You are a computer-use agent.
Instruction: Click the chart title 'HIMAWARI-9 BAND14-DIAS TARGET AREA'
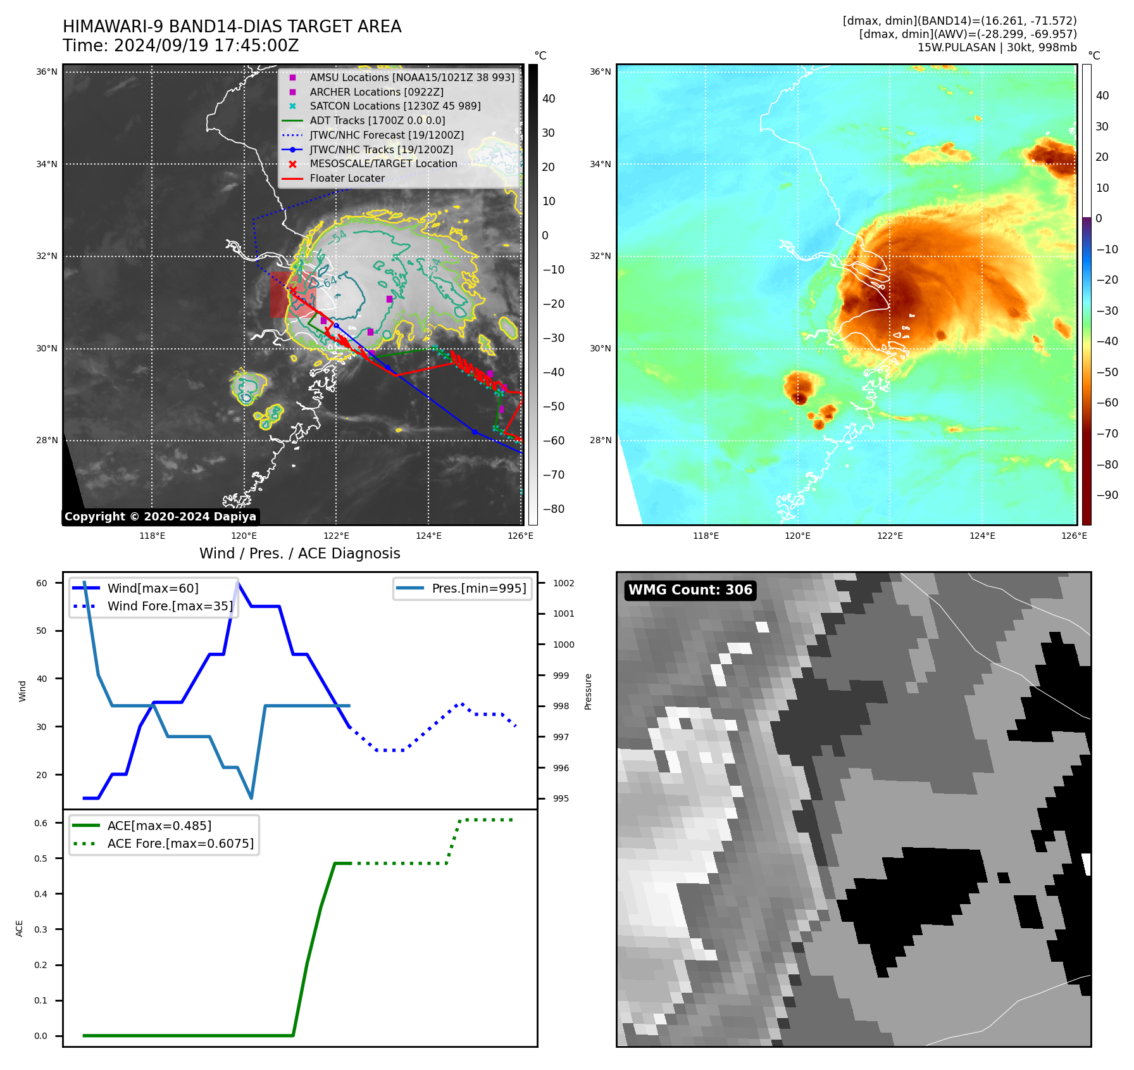[x=232, y=27]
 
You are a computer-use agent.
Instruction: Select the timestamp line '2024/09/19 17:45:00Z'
[x=206, y=46]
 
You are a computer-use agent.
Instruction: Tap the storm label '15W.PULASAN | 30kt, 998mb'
[x=997, y=47]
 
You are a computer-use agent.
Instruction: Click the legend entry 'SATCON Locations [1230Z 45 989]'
[x=395, y=106]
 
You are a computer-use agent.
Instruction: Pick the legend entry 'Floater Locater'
[x=347, y=178]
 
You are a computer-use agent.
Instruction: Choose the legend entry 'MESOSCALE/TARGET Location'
[x=383, y=163]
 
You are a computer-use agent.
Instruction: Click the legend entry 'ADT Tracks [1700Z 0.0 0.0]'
[x=377, y=120]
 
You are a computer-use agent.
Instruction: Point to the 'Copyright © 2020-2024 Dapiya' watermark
[x=160, y=517]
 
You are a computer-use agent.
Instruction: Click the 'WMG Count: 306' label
[x=690, y=590]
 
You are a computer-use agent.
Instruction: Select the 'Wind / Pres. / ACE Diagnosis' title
[x=299, y=553]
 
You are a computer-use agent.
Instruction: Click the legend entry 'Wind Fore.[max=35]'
[x=170, y=606]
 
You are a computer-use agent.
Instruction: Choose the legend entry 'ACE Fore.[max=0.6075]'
[x=180, y=843]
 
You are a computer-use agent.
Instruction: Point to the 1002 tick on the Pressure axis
[x=563, y=583]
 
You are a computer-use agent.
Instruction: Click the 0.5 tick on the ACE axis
[x=41, y=859]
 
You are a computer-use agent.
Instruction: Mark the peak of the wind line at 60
[x=237, y=582]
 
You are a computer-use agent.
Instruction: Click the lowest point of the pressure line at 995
[x=251, y=798]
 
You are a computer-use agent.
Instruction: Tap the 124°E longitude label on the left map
[x=428, y=536]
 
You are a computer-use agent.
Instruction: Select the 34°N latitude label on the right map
[x=600, y=164]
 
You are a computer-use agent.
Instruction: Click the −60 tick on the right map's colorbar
[x=1107, y=403]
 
